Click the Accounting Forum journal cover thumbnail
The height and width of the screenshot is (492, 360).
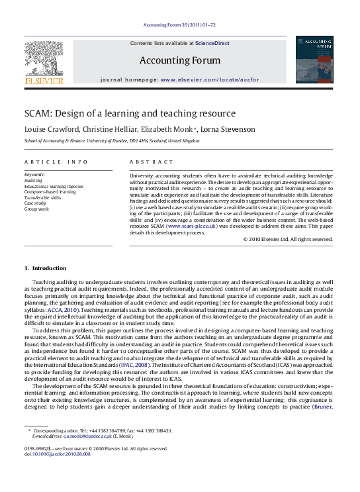point(314,60)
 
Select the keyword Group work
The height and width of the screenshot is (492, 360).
point(36,209)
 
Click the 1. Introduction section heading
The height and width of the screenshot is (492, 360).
point(45,268)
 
